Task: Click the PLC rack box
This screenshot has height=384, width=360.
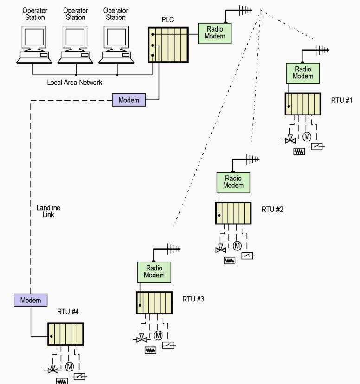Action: (x=168, y=45)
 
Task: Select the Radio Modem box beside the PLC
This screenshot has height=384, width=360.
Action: (x=215, y=32)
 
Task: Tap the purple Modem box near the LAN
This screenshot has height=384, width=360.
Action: (x=129, y=100)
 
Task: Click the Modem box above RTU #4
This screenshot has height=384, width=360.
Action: (x=31, y=300)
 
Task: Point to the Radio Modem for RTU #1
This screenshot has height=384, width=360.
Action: (x=303, y=73)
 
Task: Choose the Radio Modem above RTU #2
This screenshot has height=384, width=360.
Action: (x=233, y=182)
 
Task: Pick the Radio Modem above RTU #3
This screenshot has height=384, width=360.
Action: (x=154, y=271)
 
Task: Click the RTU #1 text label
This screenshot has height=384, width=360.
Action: (x=342, y=100)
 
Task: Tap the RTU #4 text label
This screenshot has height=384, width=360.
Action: (x=68, y=312)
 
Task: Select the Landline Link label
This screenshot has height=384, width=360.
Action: (x=48, y=211)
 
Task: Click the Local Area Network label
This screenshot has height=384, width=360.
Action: (x=74, y=83)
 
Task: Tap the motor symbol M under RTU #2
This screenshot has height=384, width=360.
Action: (x=237, y=245)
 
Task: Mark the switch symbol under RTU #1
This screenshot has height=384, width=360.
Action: (x=317, y=147)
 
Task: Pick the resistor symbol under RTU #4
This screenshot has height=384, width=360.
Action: (x=62, y=381)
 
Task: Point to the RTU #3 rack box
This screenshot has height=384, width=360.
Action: (x=154, y=303)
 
